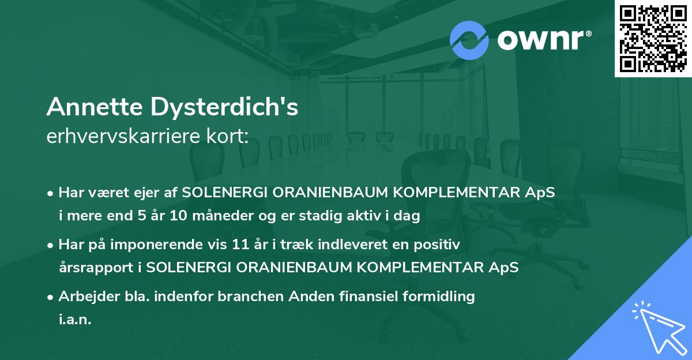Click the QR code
click(x=653, y=38)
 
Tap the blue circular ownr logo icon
click(x=469, y=40)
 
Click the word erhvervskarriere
click(x=117, y=137)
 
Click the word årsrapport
click(x=95, y=268)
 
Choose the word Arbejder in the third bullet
click(x=84, y=297)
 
